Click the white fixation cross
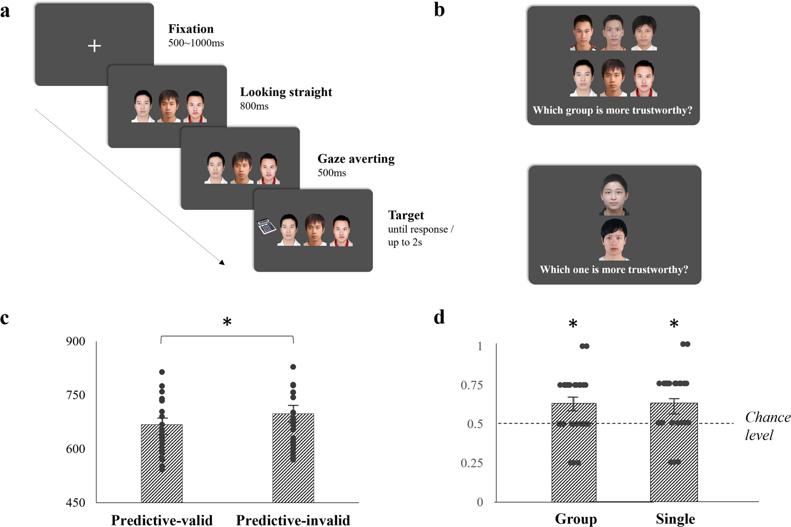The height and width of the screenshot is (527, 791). click(94, 46)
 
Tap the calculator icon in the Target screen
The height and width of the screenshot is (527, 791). click(266, 227)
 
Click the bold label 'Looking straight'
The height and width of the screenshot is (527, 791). click(286, 92)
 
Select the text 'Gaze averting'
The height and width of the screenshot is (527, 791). click(356, 159)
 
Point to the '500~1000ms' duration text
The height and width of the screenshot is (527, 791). click(196, 43)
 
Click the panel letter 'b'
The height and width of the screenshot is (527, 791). click(439, 9)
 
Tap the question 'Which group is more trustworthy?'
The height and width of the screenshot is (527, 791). click(612, 110)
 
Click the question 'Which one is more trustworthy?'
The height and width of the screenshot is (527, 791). click(614, 270)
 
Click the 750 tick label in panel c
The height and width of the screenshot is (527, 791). click(75, 395)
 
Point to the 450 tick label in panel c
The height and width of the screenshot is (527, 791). click(75, 503)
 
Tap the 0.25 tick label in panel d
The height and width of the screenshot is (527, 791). click(472, 463)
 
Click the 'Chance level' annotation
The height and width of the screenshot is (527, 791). click(767, 426)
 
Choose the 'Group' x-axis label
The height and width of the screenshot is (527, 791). click(576, 519)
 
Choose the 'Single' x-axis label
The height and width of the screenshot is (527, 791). click(675, 519)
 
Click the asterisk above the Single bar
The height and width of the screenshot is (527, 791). click(674, 324)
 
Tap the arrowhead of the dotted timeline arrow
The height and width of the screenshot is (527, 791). click(222, 262)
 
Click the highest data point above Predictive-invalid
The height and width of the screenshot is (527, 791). click(293, 367)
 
